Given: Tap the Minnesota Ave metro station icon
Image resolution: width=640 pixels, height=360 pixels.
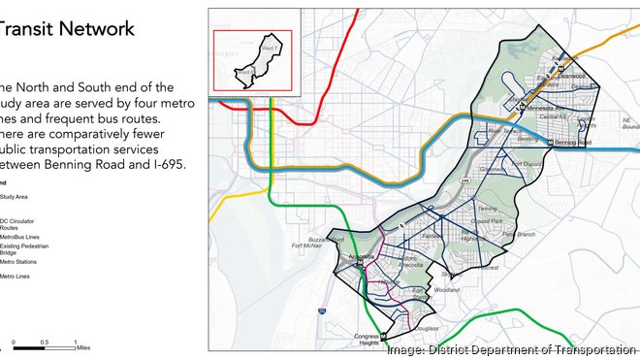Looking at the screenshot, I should pyautogui.click(x=522, y=108).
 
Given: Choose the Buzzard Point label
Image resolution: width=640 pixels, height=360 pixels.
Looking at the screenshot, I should pyautogui.click(x=326, y=238).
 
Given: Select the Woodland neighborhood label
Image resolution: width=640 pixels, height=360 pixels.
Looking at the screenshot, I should pyautogui.click(x=448, y=288).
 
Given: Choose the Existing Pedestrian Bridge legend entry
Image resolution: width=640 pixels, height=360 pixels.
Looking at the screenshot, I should pyautogui.click(x=24, y=248).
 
